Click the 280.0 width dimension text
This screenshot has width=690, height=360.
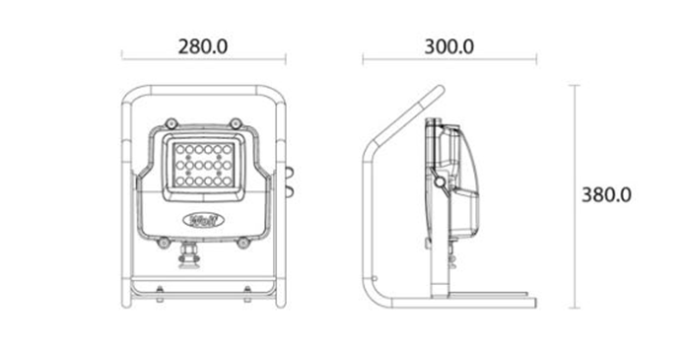point(203,45)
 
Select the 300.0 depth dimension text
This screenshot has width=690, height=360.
point(448,45)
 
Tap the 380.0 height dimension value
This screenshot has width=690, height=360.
point(605,194)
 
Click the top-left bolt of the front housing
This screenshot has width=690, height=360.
point(171,123)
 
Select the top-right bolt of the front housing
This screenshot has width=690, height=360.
point(236,123)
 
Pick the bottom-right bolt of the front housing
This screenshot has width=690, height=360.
point(243,239)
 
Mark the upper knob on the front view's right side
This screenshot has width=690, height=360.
point(289,170)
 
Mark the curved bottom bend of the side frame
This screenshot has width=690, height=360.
point(371,292)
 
